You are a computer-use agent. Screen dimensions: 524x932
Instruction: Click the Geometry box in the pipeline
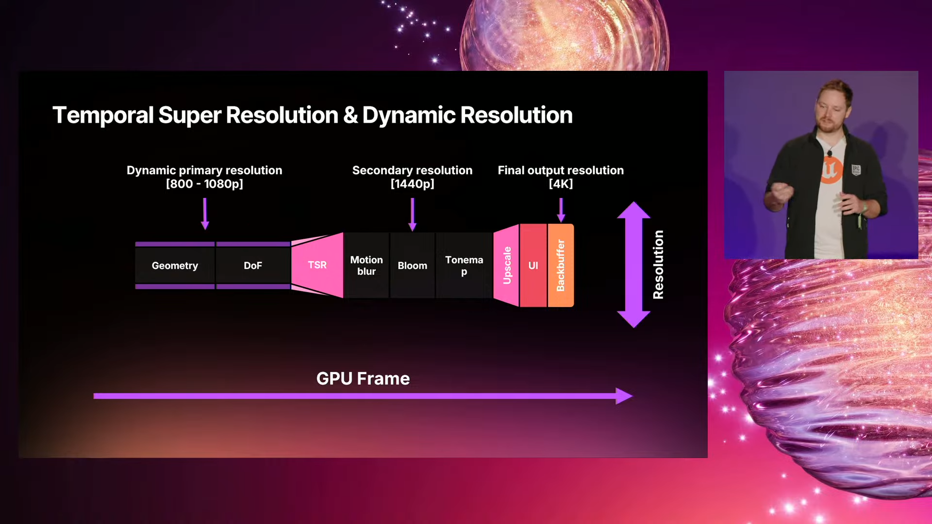click(175, 265)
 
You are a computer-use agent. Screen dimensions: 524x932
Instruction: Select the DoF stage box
click(253, 265)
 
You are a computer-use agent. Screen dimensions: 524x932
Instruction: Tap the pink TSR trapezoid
click(317, 265)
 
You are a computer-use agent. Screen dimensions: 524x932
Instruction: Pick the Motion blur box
click(366, 265)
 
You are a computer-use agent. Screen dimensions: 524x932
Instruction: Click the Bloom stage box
click(412, 265)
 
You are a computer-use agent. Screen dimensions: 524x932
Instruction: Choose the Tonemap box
click(464, 265)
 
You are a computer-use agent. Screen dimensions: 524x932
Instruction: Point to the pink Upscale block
click(507, 265)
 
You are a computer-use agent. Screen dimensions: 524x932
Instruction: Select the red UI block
click(533, 265)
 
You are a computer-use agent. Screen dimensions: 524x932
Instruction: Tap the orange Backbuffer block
click(561, 265)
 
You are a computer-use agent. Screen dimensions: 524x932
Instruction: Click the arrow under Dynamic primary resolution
click(205, 213)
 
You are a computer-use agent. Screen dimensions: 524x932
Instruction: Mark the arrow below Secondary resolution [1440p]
click(412, 214)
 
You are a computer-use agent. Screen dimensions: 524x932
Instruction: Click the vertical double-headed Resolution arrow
click(633, 264)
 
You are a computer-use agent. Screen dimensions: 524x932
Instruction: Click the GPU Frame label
click(363, 378)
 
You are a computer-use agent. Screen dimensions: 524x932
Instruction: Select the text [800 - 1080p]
click(204, 184)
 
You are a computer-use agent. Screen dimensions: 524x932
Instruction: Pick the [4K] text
click(561, 184)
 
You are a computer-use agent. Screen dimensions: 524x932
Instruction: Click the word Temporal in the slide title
click(103, 115)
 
